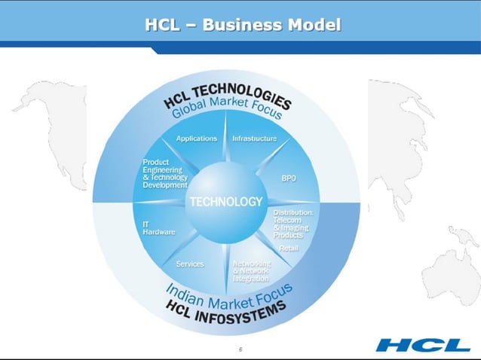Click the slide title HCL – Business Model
pyautogui.click(x=242, y=25)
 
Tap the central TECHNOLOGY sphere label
pyautogui.click(x=226, y=202)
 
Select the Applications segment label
pyautogui.click(x=196, y=139)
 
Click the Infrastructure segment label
pyautogui.click(x=254, y=139)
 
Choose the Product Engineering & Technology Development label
pyautogui.click(x=165, y=174)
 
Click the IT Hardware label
pyautogui.click(x=158, y=228)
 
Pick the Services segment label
pyautogui.click(x=190, y=264)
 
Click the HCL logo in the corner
pyautogui.click(x=423, y=345)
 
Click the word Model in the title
pyautogui.click(x=310, y=25)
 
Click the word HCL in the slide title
pyautogui.click(x=166, y=25)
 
